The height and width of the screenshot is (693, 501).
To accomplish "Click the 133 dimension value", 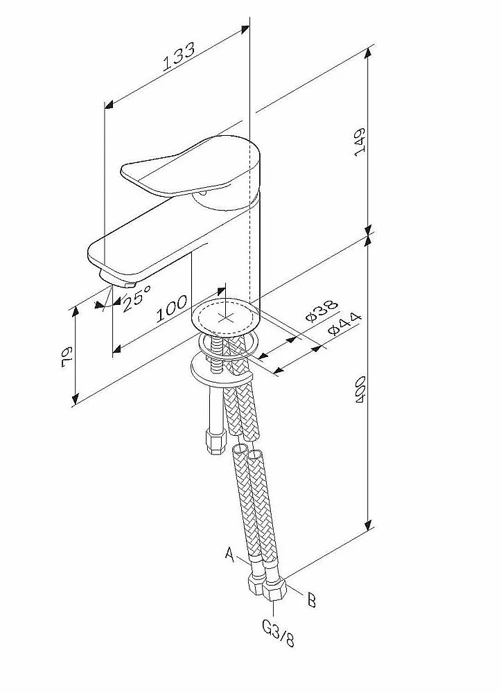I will (179, 58).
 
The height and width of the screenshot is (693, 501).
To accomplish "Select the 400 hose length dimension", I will (360, 392).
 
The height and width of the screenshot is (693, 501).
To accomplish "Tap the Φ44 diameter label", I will (344, 324).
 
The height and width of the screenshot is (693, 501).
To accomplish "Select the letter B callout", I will (311, 599).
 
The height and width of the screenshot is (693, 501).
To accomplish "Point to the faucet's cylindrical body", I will (229, 256).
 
